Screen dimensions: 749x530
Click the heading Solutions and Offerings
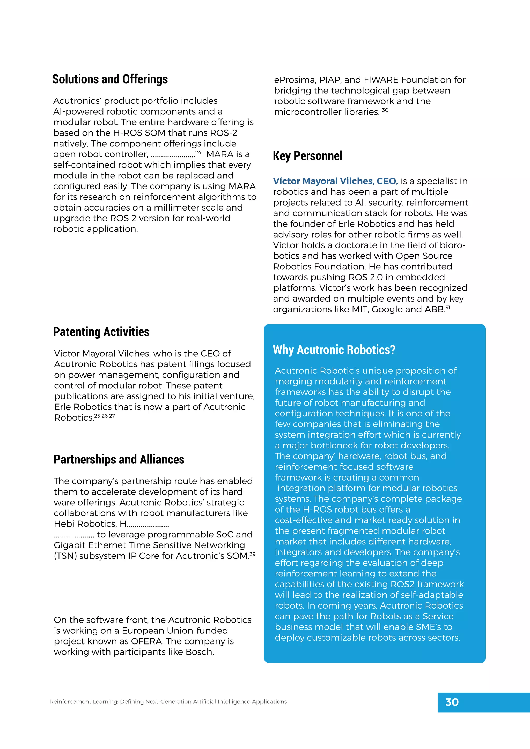click(110, 79)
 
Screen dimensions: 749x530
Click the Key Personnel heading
click(307, 156)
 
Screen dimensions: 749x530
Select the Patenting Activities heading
click(101, 332)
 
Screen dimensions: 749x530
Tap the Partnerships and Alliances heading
click(119, 459)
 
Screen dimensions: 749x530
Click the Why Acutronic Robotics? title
click(334, 350)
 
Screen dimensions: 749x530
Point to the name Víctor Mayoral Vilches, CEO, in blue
click(335, 181)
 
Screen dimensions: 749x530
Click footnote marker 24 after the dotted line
click(198, 152)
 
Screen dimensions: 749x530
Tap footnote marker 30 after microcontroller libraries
click(385, 110)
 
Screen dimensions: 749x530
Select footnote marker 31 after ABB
click(448, 307)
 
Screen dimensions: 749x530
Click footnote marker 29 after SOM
click(252, 554)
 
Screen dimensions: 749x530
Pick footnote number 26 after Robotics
click(105, 416)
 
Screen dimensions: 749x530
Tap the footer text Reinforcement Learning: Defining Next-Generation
click(130, 702)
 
